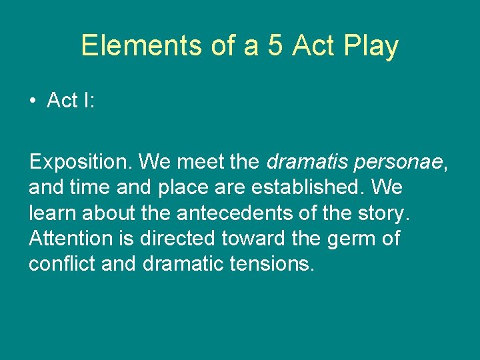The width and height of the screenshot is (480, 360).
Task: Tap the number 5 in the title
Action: (x=276, y=46)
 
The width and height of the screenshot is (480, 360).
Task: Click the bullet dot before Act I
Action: (x=33, y=101)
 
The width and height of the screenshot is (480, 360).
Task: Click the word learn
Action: (x=51, y=213)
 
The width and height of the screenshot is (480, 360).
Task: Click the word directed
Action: (x=188, y=239)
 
